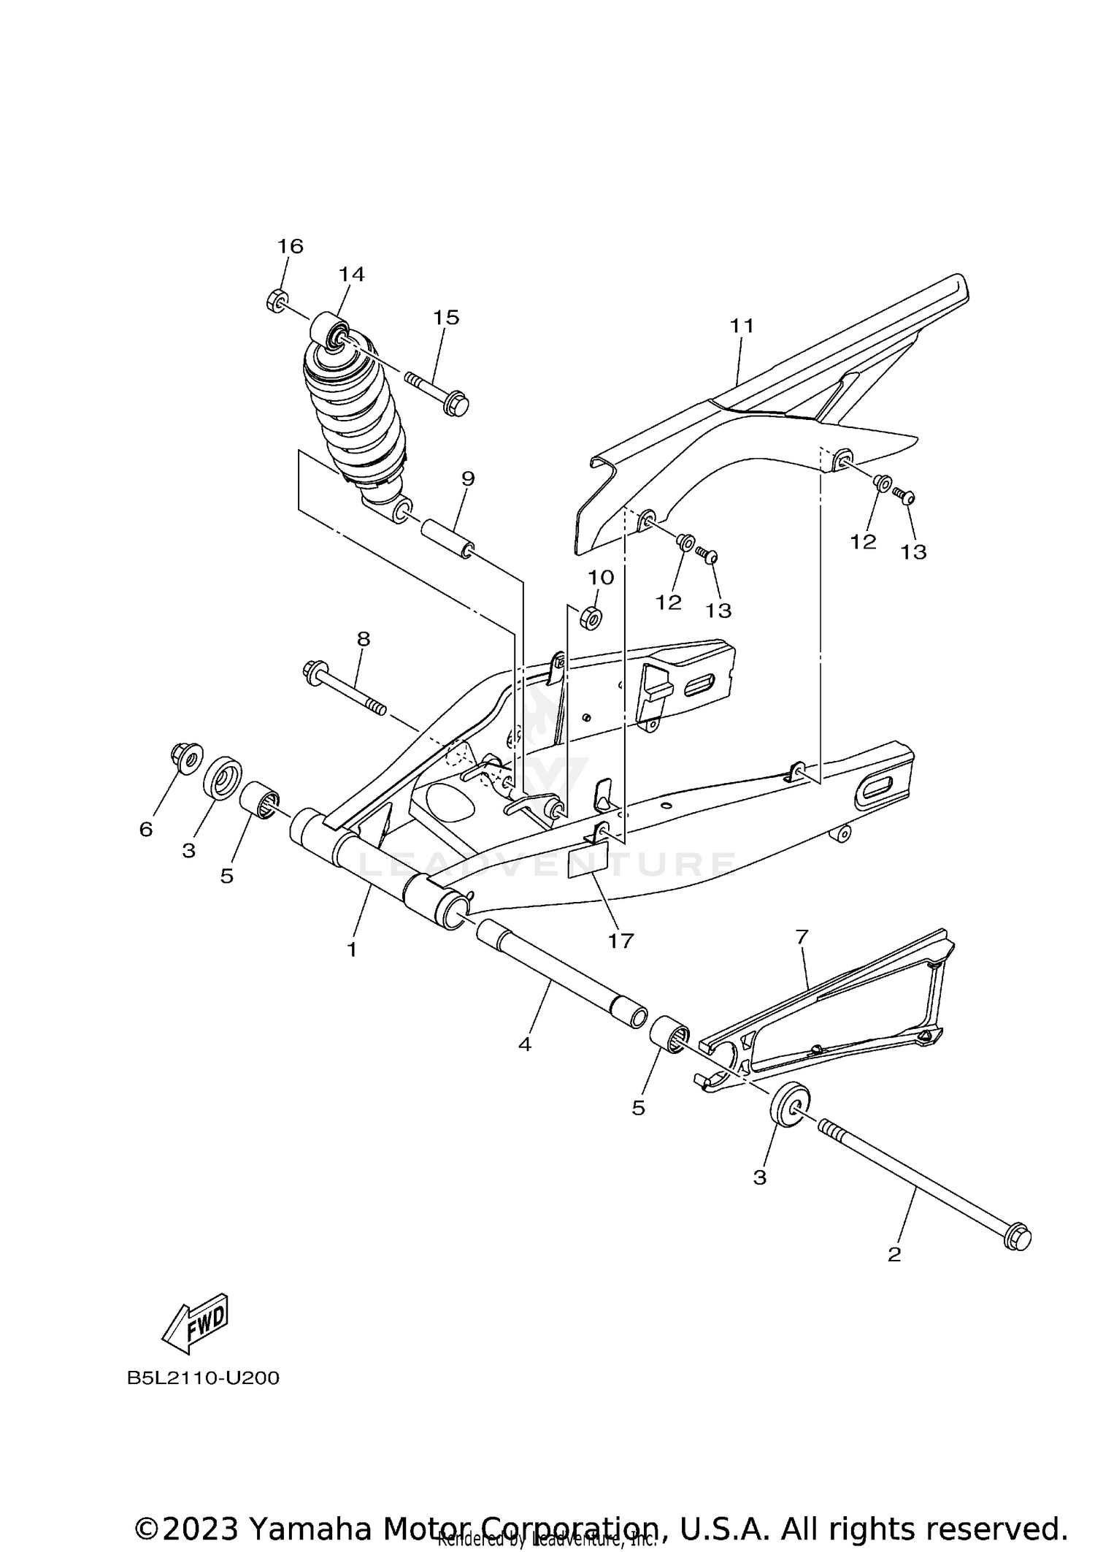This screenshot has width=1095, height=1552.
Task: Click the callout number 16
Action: click(290, 246)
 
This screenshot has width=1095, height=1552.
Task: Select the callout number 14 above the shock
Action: click(351, 274)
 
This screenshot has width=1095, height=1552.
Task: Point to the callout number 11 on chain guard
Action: click(742, 325)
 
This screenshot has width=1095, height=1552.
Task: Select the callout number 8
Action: click(364, 639)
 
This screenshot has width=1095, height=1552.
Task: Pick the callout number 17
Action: click(620, 941)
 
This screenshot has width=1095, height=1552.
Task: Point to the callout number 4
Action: click(524, 1044)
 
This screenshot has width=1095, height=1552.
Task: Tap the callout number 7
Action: click(802, 936)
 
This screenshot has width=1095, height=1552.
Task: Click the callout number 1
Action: click(352, 949)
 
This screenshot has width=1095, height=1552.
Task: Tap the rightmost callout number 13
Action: click(912, 552)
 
